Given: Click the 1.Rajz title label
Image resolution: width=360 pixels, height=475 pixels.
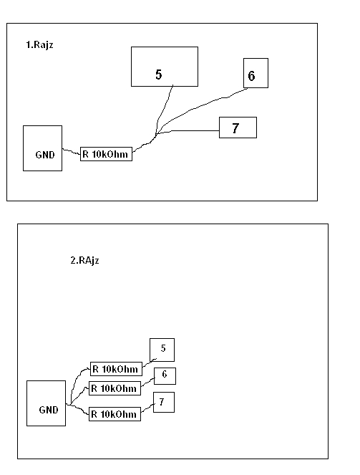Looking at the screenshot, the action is [39, 45].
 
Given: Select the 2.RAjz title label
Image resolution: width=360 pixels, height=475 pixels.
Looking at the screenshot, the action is [84, 260].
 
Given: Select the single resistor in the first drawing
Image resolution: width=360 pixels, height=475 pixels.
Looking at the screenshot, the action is [106, 154].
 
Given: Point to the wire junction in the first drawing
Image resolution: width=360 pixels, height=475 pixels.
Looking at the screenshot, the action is [156, 134].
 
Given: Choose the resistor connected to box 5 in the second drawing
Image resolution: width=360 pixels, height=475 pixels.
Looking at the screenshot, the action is [116, 369].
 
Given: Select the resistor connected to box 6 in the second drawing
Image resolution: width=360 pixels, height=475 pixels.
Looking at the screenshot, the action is [115, 388].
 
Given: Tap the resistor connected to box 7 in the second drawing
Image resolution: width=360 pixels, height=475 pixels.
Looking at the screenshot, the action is [115, 414].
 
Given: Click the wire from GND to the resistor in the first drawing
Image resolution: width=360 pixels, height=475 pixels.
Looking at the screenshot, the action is [72, 151].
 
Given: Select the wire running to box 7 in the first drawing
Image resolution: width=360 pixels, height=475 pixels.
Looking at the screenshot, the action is [188, 131].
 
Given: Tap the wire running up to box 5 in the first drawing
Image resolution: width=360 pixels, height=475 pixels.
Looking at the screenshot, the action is [162, 110].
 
